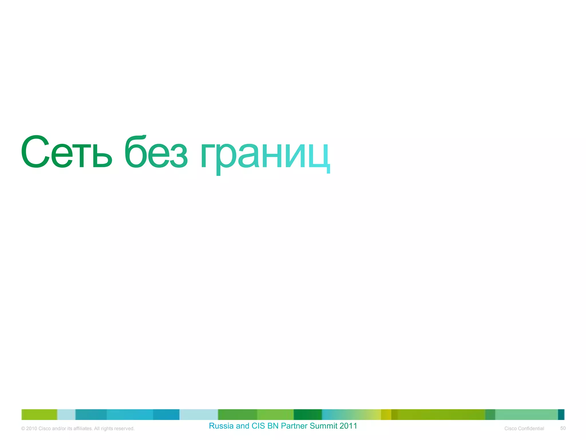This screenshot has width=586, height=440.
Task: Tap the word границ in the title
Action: click(x=265, y=155)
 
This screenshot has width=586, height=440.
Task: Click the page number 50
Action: click(x=563, y=428)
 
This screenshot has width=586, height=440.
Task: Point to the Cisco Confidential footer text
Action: click(x=524, y=429)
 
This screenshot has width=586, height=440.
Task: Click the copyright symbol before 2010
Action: click(x=23, y=429)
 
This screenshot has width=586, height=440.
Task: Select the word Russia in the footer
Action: click(x=221, y=426)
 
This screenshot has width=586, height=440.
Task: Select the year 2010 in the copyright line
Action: click(x=31, y=429)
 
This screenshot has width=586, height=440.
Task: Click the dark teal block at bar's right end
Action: click(x=561, y=415)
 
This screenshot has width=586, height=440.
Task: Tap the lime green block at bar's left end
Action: click(x=39, y=415)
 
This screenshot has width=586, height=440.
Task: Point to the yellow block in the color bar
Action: click(x=386, y=415)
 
